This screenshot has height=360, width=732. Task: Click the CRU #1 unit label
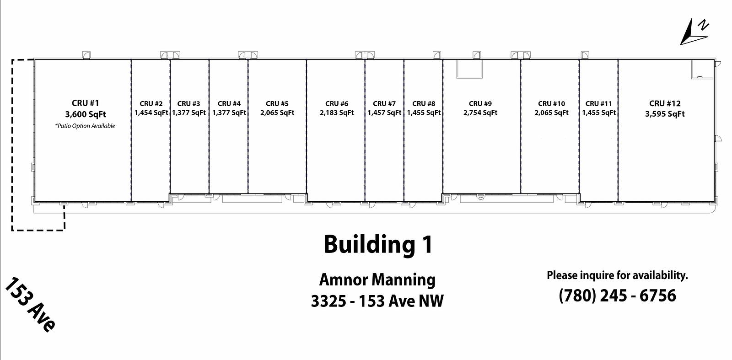[x=85, y=103]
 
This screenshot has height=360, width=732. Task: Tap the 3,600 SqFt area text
[x=85, y=114]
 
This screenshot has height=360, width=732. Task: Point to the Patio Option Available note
[x=85, y=126]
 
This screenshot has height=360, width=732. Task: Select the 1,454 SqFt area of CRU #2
[x=151, y=113]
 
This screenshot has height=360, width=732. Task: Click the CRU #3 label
[x=188, y=103]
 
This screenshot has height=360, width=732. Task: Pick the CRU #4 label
[x=229, y=103]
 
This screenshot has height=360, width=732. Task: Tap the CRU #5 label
[x=277, y=103]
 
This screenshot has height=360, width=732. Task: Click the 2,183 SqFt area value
[x=337, y=113]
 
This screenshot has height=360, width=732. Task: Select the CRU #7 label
[x=384, y=103]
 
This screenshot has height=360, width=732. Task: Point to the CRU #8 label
[x=424, y=103]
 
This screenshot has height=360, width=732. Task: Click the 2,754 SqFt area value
[x=480, y=113]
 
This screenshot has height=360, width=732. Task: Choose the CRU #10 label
[x=552, y=103]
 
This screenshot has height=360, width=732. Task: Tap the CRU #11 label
[x=599, y=103]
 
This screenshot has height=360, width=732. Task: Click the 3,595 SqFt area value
[x=665, y=114]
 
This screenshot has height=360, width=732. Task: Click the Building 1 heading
[x=378, y=245]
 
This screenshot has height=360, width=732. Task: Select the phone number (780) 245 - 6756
[x=617, y=296]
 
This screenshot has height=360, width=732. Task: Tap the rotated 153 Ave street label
[x=30, y=305]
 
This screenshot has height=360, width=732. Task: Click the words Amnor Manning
[x=377, y=280]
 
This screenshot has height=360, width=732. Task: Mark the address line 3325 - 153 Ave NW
[x=377, y=301]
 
